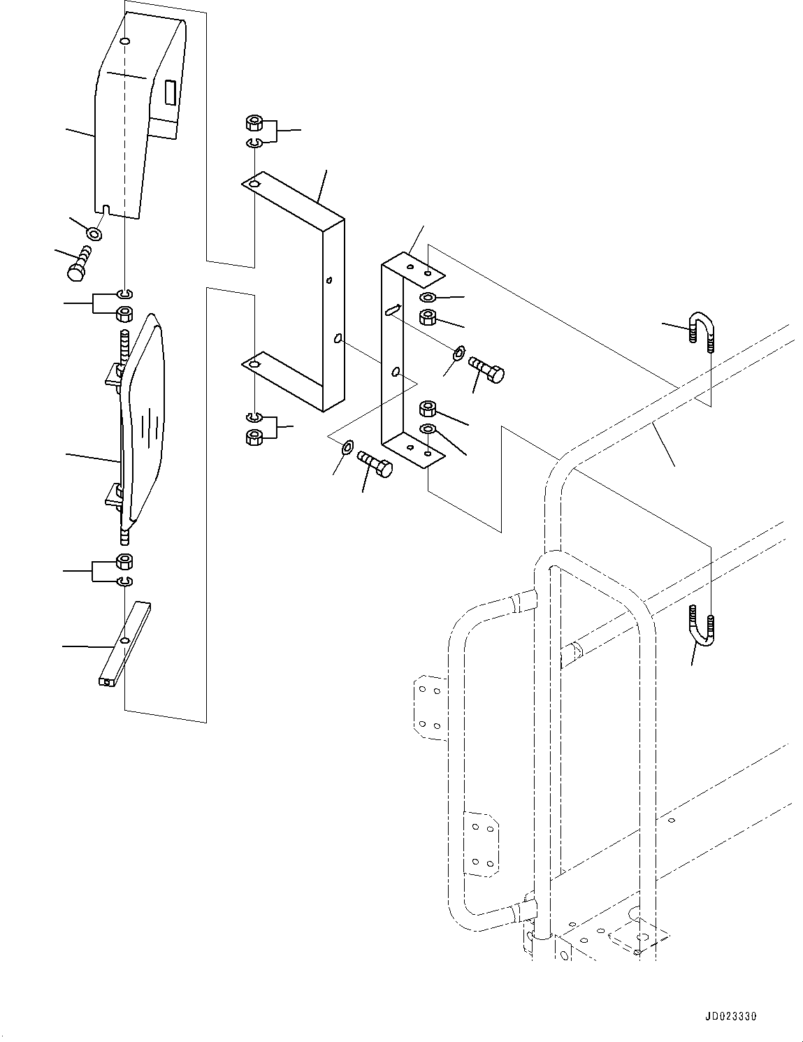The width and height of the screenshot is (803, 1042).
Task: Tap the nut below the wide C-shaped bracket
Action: (x=254, y=437)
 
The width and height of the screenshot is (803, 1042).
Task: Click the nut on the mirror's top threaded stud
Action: (x=124, y=314)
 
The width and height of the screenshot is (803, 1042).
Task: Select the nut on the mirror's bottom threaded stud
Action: (x=124, y=561)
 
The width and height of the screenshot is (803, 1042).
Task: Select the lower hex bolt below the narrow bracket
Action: (x=376, y=465)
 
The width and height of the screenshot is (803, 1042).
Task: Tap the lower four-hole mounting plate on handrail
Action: (x=481, y=844)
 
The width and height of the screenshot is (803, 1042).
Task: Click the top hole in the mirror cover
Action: (x=124, y=41)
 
